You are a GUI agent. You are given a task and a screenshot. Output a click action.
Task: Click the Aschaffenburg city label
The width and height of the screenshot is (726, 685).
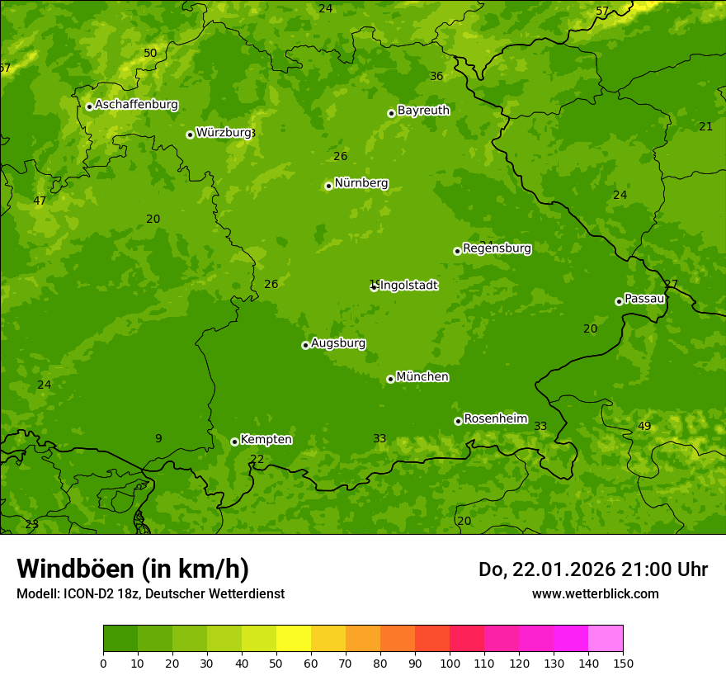(136, 105)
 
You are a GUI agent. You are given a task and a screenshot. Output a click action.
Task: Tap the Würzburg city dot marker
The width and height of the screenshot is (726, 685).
(190, 135)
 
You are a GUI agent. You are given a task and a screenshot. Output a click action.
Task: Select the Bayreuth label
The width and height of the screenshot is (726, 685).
(423, 110)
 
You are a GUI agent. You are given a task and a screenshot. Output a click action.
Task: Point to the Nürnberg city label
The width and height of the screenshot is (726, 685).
(361, 183)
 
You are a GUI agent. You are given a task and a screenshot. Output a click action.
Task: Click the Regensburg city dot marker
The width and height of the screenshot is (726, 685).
(457, 251)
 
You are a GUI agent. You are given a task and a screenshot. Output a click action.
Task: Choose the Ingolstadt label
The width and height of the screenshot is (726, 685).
(408, 286)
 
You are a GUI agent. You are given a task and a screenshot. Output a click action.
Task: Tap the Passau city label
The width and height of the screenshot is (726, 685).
(644, 299)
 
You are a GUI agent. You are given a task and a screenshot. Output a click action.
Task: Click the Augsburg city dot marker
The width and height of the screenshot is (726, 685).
(305, 345)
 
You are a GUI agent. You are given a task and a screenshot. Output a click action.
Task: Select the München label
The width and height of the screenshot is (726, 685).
(422, 377)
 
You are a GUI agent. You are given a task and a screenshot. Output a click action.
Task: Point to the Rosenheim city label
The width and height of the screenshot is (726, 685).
(495, 418)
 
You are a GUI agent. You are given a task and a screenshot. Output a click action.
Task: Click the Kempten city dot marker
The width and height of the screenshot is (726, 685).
(234, 442)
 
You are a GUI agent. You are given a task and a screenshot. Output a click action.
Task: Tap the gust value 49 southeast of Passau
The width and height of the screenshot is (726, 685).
(644, 426)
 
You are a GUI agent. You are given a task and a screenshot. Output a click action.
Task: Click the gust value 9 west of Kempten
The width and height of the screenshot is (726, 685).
(158, 438)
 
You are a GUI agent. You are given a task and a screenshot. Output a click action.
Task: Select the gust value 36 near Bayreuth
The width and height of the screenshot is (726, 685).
(436, 76)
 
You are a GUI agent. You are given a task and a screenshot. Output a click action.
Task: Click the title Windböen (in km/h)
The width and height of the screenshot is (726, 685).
(133, 569)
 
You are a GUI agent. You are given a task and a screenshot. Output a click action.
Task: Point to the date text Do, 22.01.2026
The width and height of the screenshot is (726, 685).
(545, 569)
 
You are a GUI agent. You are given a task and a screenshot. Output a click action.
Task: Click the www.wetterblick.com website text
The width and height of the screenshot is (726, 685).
(595, 593)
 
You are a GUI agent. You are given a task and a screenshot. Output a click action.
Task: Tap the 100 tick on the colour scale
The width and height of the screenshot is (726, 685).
(450, 663)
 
